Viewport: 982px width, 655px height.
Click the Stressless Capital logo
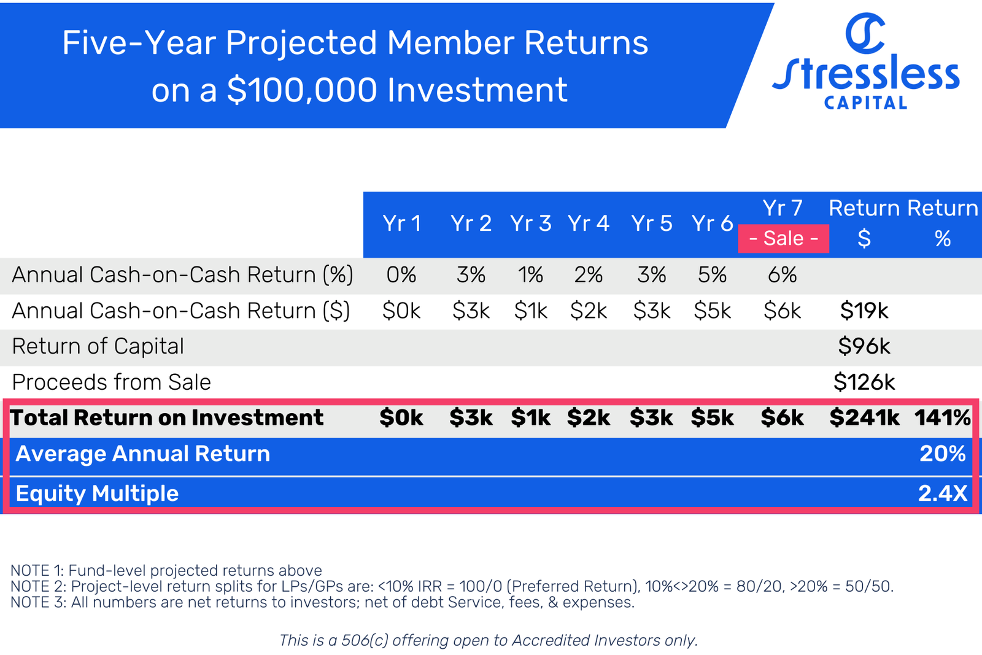click(865, 61)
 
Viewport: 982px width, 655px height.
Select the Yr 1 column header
click(401, 223)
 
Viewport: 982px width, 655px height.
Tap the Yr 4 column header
click(588, 223)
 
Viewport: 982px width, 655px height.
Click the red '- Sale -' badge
click(783, 238)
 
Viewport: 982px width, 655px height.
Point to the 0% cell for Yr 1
click(401, 274)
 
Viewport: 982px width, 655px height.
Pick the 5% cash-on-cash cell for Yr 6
click(712, 274)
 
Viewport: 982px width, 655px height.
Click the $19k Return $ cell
click(864, 311)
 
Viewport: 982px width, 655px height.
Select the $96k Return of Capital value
click(864, 346)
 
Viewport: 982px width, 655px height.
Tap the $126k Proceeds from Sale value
click(864, 382)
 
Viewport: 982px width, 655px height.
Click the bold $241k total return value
click(864, 417)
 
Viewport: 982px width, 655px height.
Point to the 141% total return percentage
click(942, 417)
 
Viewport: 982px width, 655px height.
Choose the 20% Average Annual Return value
click(942, 454)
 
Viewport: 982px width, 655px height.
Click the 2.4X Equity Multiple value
click(942, 494)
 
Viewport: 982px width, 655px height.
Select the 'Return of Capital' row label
click(98, 346)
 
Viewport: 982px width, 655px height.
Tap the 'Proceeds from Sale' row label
click(111, 382)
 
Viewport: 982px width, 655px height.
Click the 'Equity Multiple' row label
click(97, 494)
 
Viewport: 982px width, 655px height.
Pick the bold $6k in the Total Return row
click(782, 417)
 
